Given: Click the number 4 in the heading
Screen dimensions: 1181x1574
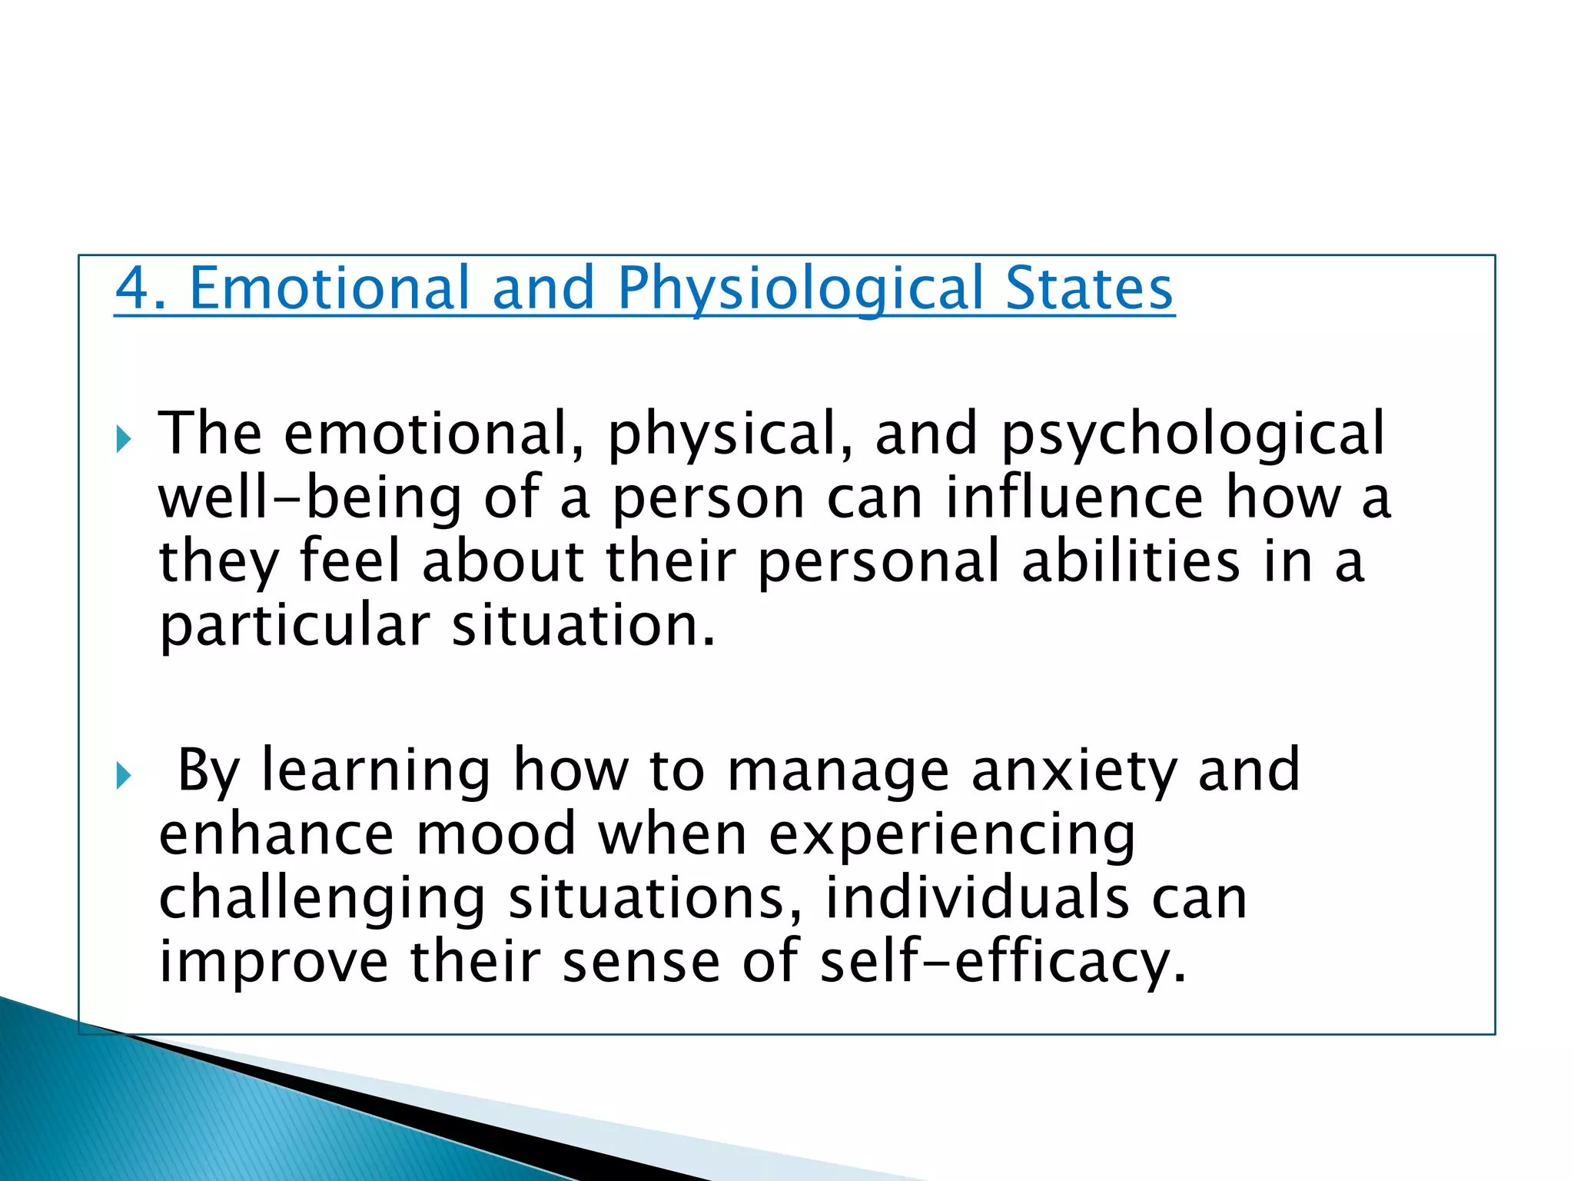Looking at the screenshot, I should pos(132,288).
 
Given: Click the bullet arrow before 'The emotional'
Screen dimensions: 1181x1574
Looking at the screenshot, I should pos(124,440).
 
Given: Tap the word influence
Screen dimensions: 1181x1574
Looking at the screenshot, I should pos(1073,498).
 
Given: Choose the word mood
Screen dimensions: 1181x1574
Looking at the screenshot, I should pos(496,834).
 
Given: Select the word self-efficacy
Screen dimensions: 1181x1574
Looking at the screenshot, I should pos(1002,963).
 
